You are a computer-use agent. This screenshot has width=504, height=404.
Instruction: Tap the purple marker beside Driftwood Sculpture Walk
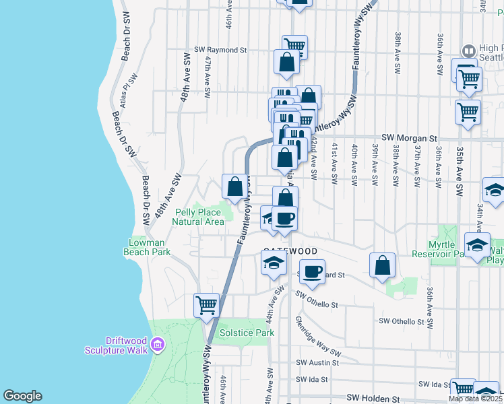158,345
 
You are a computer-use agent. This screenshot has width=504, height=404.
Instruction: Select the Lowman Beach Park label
146,247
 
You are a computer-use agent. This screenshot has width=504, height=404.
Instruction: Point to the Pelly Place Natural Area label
199,217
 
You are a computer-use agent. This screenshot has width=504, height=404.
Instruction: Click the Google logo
22,396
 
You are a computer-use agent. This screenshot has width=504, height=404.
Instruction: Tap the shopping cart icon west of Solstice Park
206,305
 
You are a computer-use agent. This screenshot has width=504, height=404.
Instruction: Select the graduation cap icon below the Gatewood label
274,264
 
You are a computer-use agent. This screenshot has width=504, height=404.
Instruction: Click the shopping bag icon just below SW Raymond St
286,62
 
